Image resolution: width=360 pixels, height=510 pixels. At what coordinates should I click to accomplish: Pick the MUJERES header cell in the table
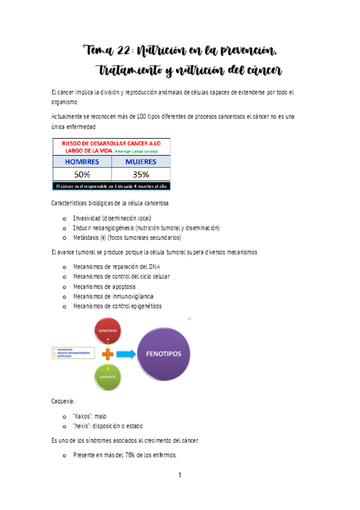[141, 162]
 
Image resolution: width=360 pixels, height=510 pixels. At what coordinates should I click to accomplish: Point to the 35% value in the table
[141, 174]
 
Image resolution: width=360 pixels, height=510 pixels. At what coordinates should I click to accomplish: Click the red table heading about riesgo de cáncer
[111, 147]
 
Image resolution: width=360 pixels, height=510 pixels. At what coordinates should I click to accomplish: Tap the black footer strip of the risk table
[111, 186]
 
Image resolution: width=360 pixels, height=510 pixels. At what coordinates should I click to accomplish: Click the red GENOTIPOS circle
[108, 331]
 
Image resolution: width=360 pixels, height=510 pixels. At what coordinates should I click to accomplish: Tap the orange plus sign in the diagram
[108, 354]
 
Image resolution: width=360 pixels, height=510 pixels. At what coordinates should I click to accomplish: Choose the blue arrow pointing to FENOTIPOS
[126, 354]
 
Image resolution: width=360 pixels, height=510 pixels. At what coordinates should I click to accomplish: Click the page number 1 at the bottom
[180, 476]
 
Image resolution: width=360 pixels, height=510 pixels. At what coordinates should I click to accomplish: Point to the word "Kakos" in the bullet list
[83, 416]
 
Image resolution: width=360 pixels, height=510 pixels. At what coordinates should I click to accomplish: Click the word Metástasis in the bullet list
[86, 238]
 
